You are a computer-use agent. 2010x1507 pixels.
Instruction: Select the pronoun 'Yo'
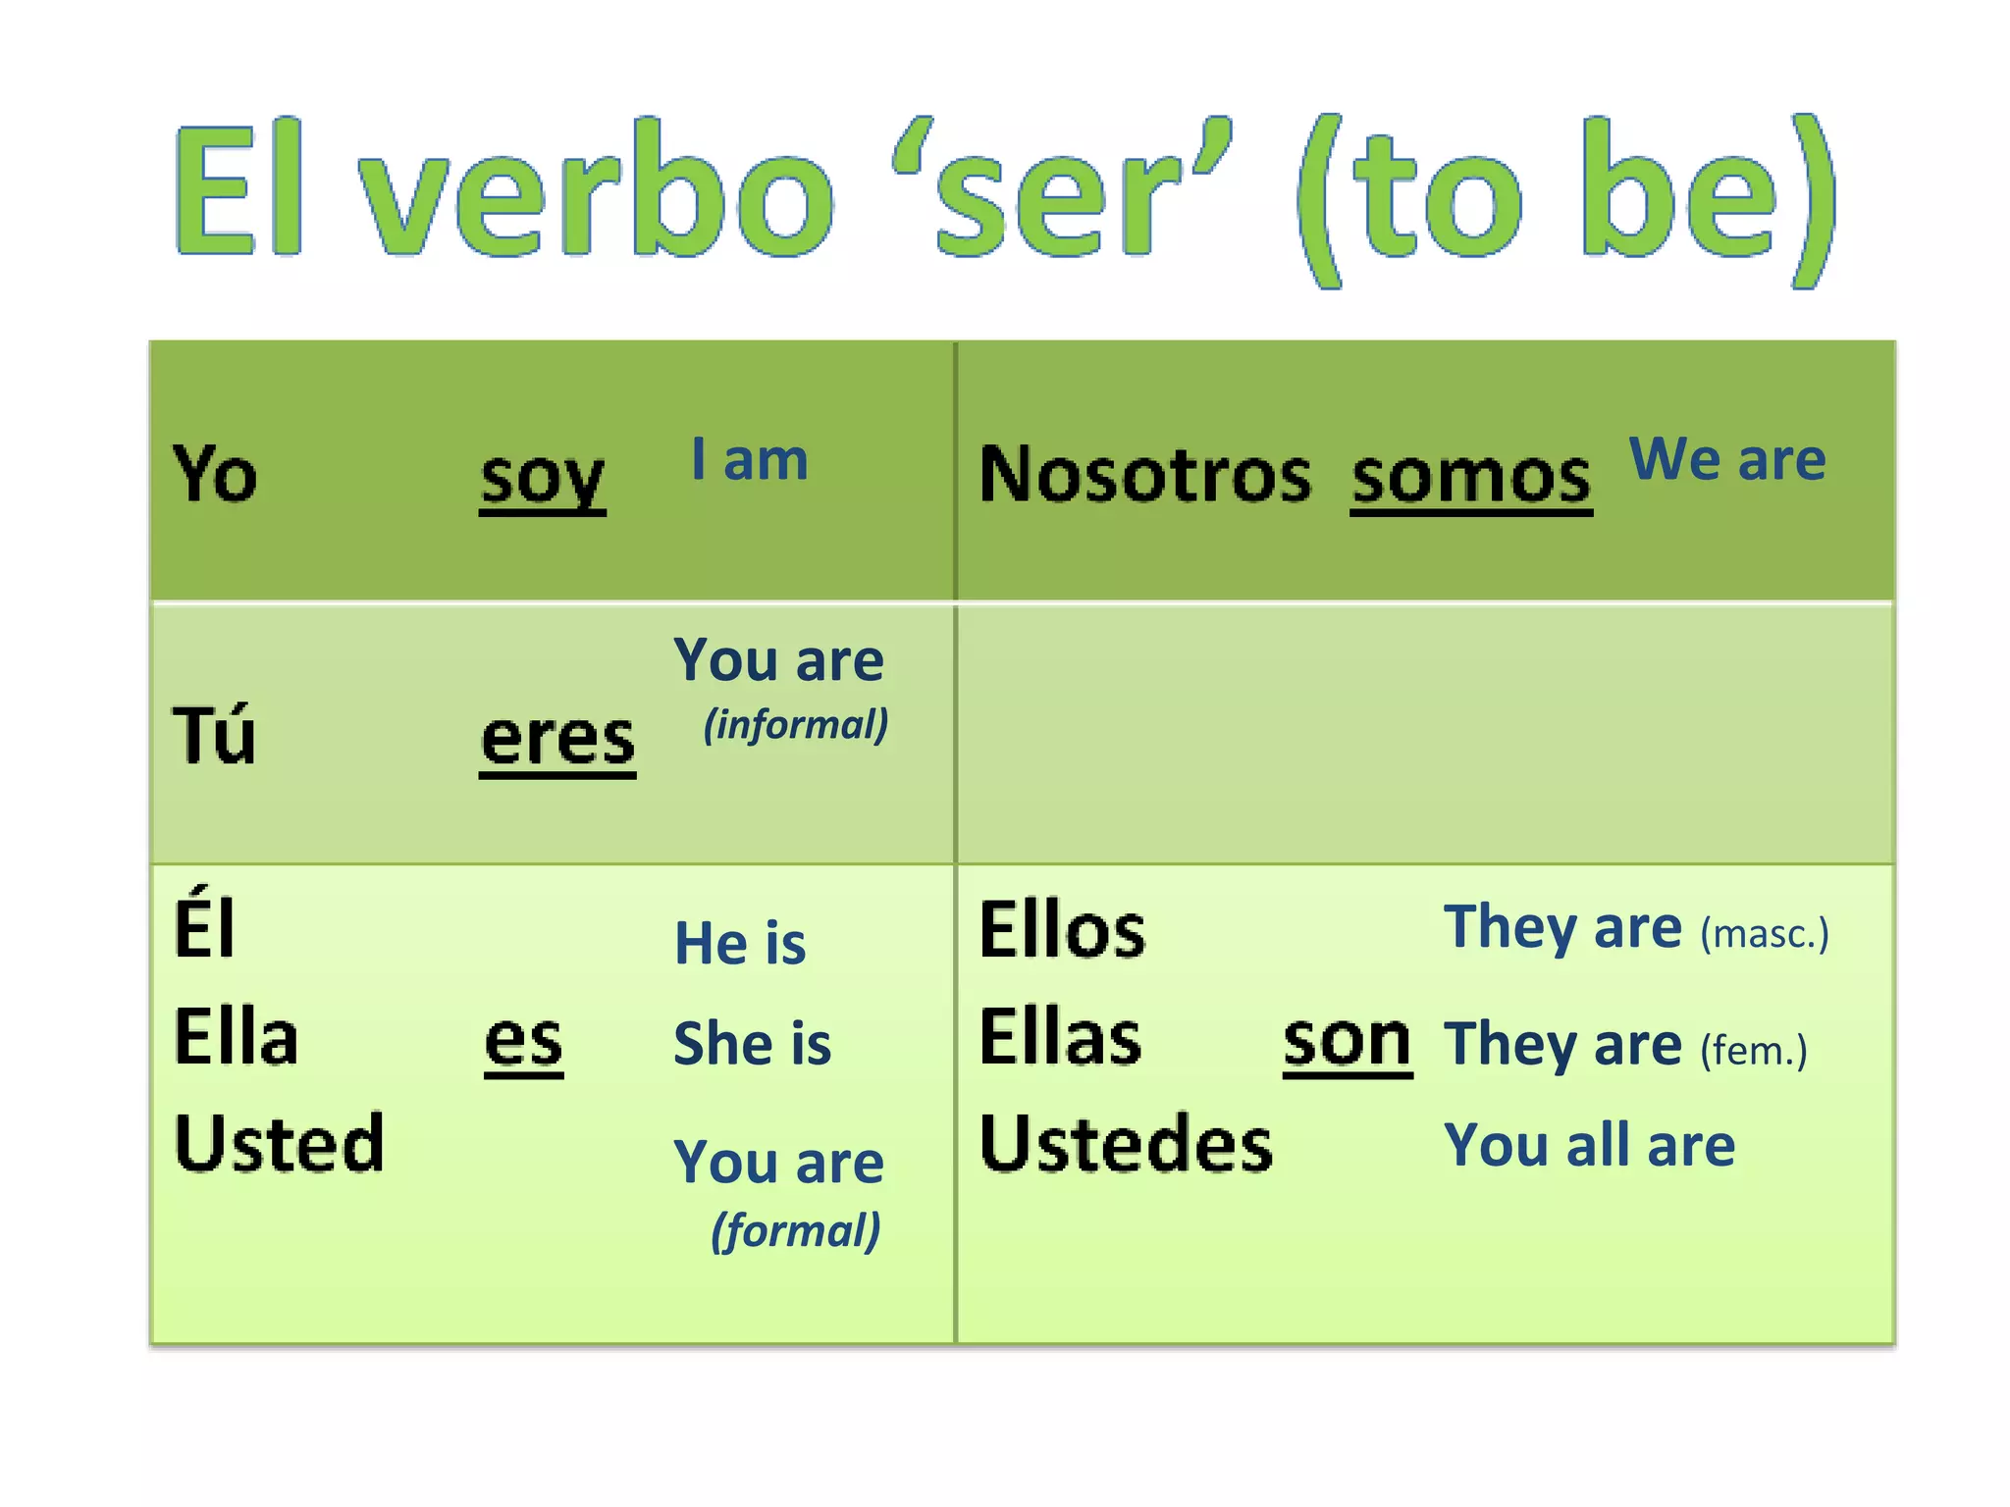215,474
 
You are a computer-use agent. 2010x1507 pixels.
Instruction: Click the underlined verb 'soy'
542,479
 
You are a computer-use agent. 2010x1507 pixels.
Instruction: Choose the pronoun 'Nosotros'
1144,475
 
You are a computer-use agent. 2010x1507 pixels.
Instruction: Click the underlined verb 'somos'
1470,478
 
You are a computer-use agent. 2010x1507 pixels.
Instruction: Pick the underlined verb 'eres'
557,740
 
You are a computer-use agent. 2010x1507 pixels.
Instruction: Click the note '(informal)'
796,725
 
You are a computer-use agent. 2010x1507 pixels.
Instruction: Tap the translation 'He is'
740,943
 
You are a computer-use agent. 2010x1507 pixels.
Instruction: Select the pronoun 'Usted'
279,1143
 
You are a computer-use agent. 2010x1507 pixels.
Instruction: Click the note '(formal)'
796,1230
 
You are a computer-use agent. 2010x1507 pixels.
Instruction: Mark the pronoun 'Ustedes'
1126,1144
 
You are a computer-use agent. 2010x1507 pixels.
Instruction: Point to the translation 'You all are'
1589,1145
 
